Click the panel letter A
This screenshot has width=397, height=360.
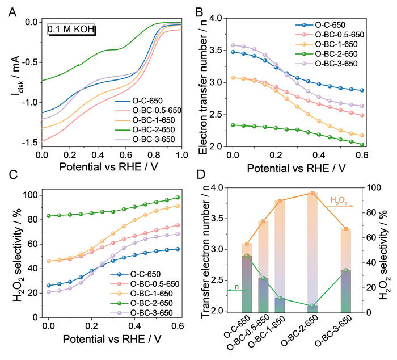click(x=12, y=11)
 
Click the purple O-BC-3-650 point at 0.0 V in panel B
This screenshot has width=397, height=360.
click(x=233, y=45)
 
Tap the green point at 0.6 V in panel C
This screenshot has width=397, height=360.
click(x=177, y=198)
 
